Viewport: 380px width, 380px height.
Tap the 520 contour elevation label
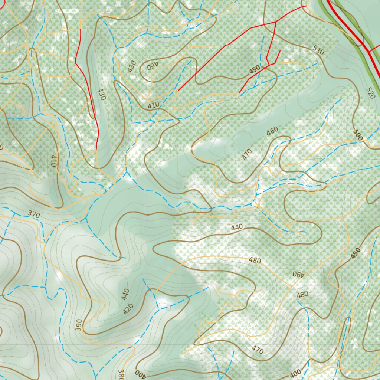point(370,92)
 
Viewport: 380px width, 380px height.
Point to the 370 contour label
point(33,214)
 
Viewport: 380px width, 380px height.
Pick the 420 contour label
point(128,308)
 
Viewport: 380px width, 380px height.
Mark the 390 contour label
point(78,324)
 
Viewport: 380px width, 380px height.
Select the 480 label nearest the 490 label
point(302,294)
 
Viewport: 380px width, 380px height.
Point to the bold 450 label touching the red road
point(254,70)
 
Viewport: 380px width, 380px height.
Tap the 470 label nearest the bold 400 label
point(257,350)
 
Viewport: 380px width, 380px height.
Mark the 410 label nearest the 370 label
point(53,161)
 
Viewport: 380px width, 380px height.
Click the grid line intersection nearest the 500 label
point(345,144)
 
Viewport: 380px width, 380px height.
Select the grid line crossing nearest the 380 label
point(145,344)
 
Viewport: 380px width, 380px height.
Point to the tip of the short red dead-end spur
point(280,50)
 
